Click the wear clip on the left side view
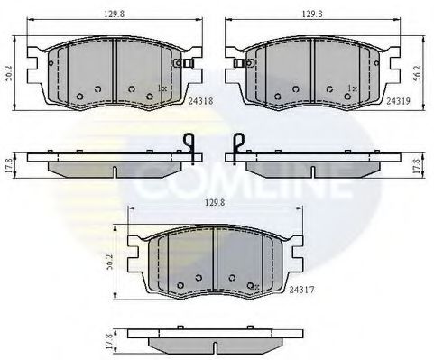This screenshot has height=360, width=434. (x=190, y=148)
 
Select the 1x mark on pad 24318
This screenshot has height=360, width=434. (x=162, y=88)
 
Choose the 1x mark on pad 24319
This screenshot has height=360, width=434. (x=351, y=88)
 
